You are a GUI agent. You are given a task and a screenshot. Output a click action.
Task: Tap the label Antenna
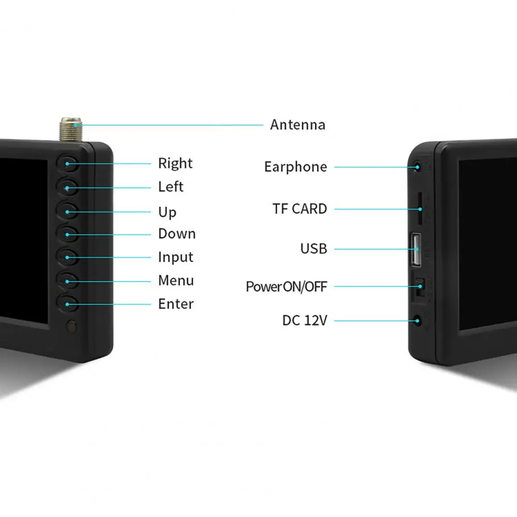click(x=297, y=125)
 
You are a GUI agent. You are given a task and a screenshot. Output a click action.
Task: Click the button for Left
click(x=68, y=187)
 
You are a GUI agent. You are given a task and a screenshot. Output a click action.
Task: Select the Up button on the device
click(x=68, y=211)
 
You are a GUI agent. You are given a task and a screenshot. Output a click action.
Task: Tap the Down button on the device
click(x=68, y=234)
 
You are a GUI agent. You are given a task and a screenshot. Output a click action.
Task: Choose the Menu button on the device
click(x=68, y=280)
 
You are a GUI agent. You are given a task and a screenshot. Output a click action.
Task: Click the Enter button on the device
click(x=68, y=304)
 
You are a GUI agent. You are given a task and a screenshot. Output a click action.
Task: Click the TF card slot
click(x=419, y=209)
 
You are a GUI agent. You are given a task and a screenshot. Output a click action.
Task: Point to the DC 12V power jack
click(x=418, y=321)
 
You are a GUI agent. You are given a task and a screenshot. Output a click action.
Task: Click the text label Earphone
click(x=295, y=167)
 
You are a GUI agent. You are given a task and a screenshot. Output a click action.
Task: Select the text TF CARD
click(x=300, y=209)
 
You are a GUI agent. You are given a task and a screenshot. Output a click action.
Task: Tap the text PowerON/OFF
click(x=286, y=287)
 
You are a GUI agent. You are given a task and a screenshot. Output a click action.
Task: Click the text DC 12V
click(x=304, y=321)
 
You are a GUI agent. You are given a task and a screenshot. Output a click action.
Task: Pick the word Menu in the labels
click(x=176, y=280)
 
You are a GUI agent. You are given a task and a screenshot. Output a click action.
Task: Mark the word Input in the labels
click(x=176, y=257)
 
